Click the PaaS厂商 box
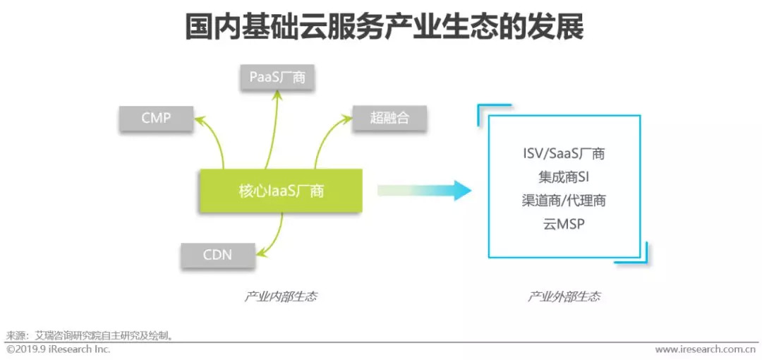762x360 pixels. click(277, 77)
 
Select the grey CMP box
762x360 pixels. click(156, 118)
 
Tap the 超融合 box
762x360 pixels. click(389, 118)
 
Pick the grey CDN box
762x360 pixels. click(217, 254)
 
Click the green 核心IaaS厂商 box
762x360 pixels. click(281, 191)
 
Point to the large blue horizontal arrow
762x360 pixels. click(424, 190)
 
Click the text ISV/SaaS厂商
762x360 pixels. click(563, 154)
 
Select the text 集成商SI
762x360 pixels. click(563, 177)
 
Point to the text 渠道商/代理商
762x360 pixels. click(564, 200)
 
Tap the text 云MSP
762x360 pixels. click(563, 224)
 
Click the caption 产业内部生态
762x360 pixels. click(280, 296)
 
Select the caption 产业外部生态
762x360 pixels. click(564, 296)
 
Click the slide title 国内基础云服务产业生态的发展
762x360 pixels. click(384, 28)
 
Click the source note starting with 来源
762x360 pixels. click(90, 336)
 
